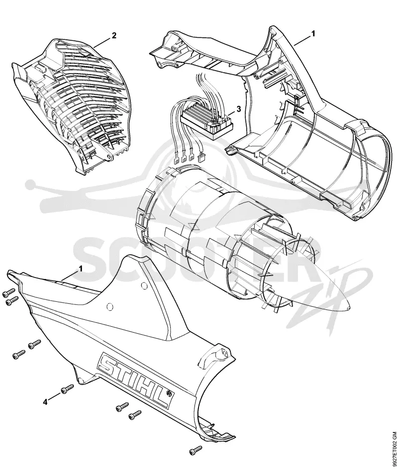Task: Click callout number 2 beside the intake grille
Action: pyautogui.click(x=114, y=36)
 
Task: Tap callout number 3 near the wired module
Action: pyautogui.click(x=238, y=109)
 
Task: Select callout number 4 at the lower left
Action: pyautogui.click(x=45, y=402)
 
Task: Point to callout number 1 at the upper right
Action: pyautogui.click(x=313, y=34)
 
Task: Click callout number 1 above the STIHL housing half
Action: pyautogui.click(x=81, y=269)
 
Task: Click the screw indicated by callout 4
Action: pyautogui.click(x=67, y=389)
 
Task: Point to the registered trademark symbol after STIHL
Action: pyautogui.click(x=170, y=393)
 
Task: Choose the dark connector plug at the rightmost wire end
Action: pyautogui.click(x=201, y=157)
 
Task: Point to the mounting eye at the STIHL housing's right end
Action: pyautogui.click(x=223, y=352)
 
